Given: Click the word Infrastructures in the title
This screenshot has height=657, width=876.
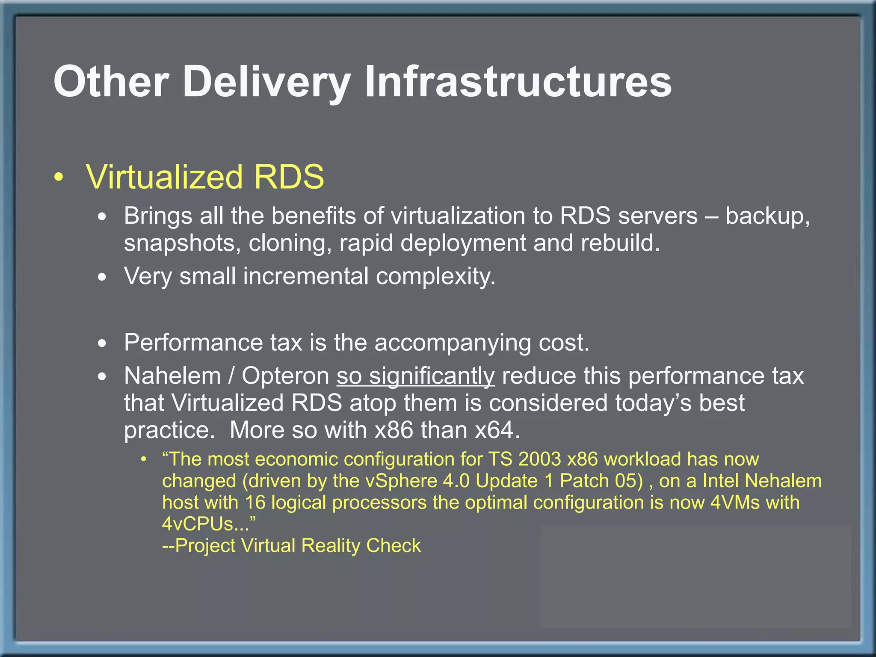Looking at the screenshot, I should coord(518,81).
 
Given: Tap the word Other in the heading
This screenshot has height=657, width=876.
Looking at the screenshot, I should coord(111,81).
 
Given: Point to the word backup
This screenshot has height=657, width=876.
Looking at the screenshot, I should coord(767,216).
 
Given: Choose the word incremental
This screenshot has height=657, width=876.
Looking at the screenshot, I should coord(306,276).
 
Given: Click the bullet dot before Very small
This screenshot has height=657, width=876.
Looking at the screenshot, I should coord(102,278).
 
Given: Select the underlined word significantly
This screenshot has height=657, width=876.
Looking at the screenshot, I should coord(432,376).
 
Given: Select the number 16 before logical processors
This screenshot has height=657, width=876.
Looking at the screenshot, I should coord(255,503).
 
